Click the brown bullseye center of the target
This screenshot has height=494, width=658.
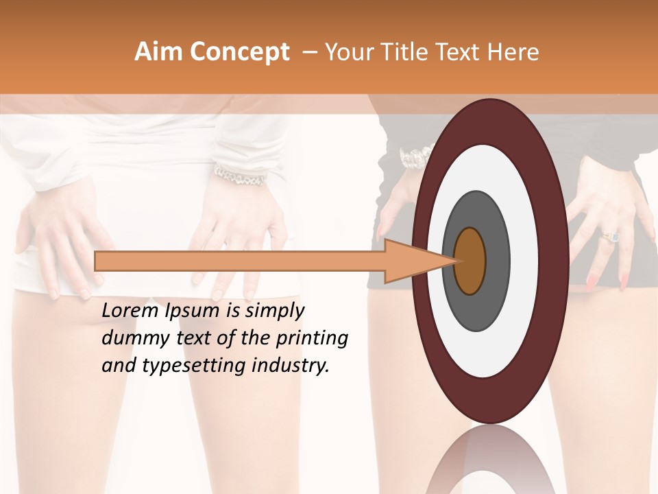(470, 261)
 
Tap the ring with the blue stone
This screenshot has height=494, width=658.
(611, 237)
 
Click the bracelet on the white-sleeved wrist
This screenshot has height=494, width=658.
(239, 176)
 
